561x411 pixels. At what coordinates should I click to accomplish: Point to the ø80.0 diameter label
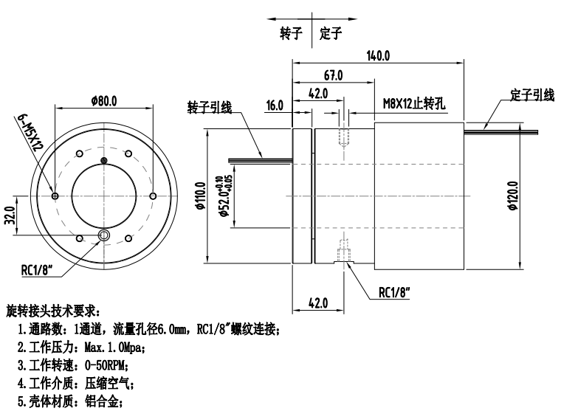coord(105,100)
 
